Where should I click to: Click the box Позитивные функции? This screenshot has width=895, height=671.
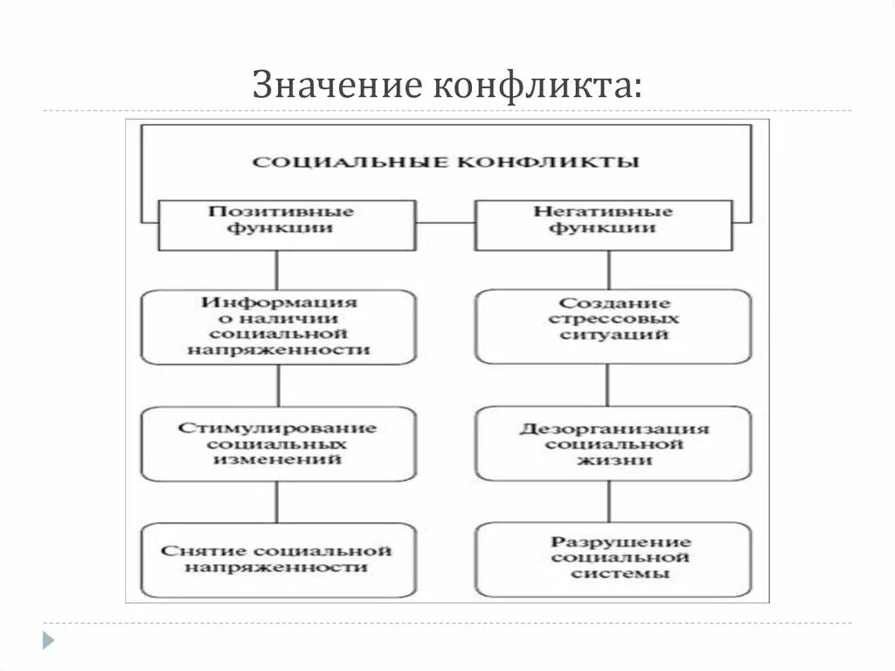coord(280,224)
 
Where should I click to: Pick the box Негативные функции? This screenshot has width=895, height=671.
coord(603,224)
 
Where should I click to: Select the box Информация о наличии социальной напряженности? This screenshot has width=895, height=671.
coord(278,326)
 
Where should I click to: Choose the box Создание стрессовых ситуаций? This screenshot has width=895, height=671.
coord(613,326)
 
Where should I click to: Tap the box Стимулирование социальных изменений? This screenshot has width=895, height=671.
coord(278,444)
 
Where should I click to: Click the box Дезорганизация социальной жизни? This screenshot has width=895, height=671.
coord(613,444)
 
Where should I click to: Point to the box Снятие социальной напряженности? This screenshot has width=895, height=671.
coord(278,559)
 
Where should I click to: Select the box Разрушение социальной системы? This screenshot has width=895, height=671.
coord(613,559)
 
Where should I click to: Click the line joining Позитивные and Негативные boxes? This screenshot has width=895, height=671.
coord(445,222)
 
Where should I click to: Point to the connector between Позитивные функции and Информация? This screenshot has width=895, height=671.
coord(278,270)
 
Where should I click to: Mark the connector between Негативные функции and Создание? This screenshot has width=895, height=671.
coord(608,270)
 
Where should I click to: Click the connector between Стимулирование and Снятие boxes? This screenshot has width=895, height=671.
coord(278,502)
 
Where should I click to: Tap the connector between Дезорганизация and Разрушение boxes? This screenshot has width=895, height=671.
coord(609,502)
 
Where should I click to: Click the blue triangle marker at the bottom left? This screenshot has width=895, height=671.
coord(48,640)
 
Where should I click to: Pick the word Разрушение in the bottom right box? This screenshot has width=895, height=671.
coord(621,542)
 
